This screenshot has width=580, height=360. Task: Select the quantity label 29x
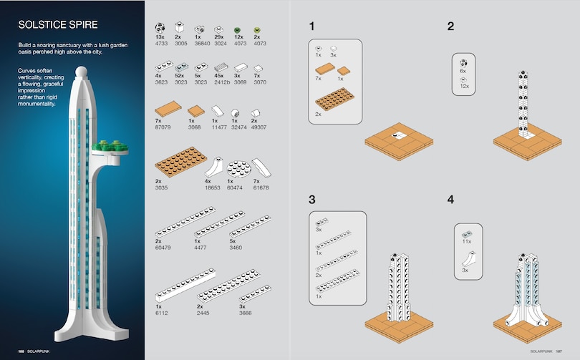221,36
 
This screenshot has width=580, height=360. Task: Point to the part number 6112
162,311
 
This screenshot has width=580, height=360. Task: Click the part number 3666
246,311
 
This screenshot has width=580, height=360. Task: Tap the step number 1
311,26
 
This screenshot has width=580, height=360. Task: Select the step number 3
311,199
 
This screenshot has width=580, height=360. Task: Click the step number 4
450,199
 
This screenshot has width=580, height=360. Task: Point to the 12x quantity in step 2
463,86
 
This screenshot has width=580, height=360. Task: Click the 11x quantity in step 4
467,242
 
